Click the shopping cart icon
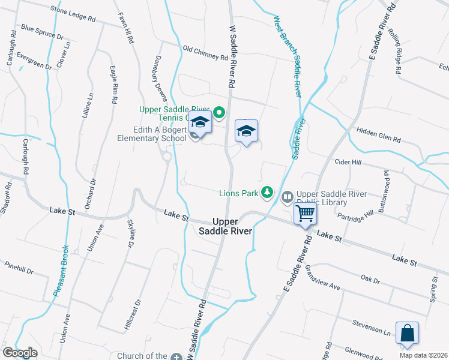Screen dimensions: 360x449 pyautogui.click(x=306, y=212)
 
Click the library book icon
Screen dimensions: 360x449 pyautogui.click(x=288, y=196)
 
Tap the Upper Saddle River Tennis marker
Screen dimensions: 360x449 pyautogui.click(x=219, y=112)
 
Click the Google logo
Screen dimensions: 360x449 pyautogui.click(x=20, y=353)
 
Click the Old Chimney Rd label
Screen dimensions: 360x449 pyautogui.click(x=205, y=53)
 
